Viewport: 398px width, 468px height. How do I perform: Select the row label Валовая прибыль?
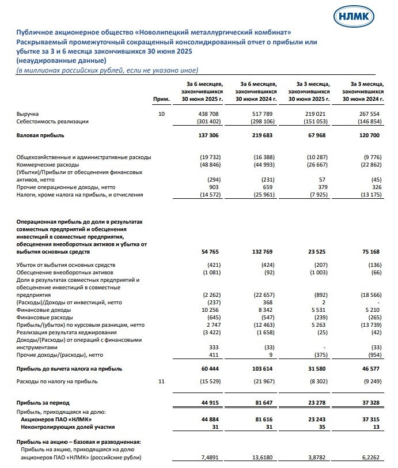(40, 135)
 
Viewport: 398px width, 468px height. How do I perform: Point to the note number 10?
(161, 114)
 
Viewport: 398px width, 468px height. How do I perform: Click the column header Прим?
(161, 100)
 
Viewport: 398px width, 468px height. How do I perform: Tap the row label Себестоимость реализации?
(53, 122)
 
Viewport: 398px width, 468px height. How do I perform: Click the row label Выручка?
(28, 114)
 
